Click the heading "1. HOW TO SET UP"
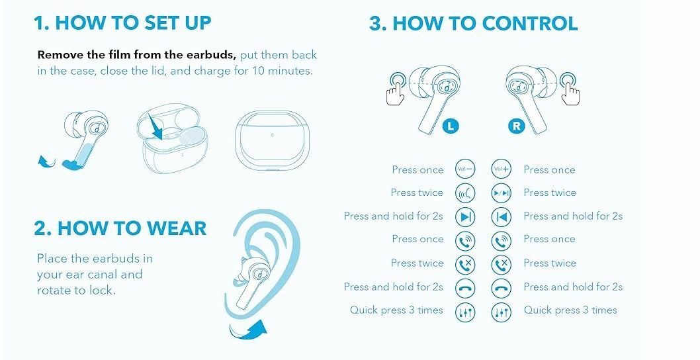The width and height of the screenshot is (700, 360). (x=122, y=22)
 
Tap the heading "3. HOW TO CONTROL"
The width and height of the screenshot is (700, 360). (x=474, y=23)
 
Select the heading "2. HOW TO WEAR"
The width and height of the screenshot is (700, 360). (x=120, y=228)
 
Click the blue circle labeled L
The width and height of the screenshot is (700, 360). (x=451, y=126)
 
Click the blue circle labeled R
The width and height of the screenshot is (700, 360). (x=516, y=126)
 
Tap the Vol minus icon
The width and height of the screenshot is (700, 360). (x=464, y=169)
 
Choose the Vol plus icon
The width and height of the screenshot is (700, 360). (x=501, y=169)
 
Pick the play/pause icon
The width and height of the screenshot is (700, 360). (x=501, y=193)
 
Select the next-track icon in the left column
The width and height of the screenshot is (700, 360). (x=464, y=217)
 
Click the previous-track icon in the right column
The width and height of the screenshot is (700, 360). (x=501, y=217)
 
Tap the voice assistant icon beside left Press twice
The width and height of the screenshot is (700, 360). (x=464, y=193)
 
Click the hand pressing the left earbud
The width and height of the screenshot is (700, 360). (x=397, y=89)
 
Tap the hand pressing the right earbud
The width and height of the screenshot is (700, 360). (x=570, y=89)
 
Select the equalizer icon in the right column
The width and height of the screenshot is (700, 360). (x=501, y=312)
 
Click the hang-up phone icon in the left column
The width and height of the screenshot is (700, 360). (x=464, y=288)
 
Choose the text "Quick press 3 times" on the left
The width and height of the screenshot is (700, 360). (x=396, y=310)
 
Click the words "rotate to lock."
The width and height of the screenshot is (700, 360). (x=76, y=291)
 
